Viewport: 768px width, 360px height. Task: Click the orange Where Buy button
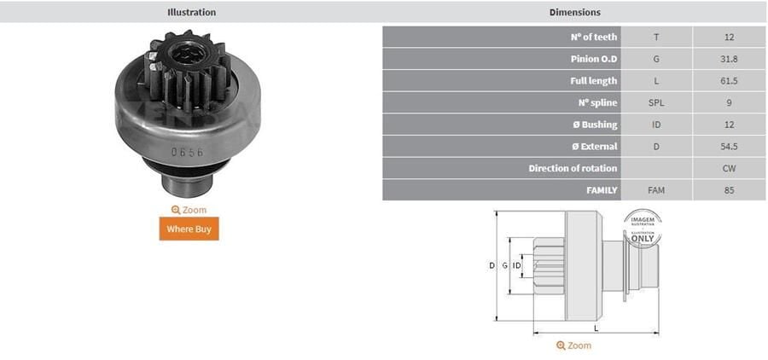pyautogui.click(x=189, y=229)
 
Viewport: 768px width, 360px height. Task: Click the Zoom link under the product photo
pyautogui.click(x=189, y=210)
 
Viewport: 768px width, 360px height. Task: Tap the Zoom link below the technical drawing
pyautogui.click(x=573, y=345)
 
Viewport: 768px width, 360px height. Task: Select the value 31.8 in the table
pyautogui.click(x=728, y=60)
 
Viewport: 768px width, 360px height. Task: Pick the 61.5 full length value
pyautogui.click(x=728, y=81)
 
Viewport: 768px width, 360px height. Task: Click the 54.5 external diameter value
pyautogui.click(x=728, y=147)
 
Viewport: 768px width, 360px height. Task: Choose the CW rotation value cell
pyautogui.click(x=728, y=168)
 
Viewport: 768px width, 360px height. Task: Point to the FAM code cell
pyautogui.click(x=655, y=190)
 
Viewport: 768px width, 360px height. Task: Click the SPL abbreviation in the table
pyautogui.click(x=655, y=103)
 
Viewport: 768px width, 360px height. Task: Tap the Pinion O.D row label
pyautogui.click(x=594, y=60)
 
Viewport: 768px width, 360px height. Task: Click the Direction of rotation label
pyautogui.click(x=573, y=168)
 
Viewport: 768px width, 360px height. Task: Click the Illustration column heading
pyautogui.click(x=191, y=13)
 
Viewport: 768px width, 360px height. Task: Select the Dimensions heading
pyautogui.click(x=575, y=13)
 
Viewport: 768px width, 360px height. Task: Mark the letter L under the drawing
pyautogui.click(x=596, y=328)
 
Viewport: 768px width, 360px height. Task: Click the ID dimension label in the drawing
pyautogui.click(x=517, y=266)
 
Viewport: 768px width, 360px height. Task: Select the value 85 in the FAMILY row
pyautogui.click(x=728, y=190)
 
